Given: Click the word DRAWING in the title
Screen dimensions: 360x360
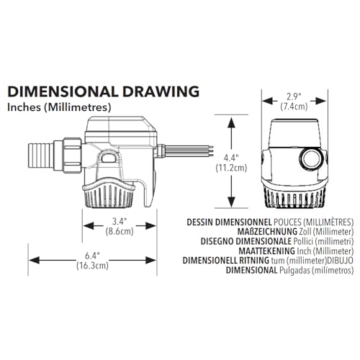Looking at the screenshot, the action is (x=161, y=91).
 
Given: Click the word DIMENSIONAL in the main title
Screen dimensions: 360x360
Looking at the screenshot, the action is (x=63, y=91).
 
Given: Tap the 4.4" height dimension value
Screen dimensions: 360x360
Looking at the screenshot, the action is (x=231, y=158).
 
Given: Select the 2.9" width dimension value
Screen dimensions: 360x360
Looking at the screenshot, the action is (x=294, y=96).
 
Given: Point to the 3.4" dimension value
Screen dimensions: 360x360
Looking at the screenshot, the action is (x=120, y=222).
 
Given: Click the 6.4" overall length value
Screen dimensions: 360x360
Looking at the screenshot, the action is (x=92, y=256).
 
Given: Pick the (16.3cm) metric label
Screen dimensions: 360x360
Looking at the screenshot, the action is (x=92, y=266).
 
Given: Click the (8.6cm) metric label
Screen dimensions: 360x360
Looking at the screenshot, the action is (x=120, y=232).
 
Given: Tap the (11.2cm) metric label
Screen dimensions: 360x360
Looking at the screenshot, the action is (x=231, y=168).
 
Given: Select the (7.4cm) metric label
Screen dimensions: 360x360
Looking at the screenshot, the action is (x=294, y=107).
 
